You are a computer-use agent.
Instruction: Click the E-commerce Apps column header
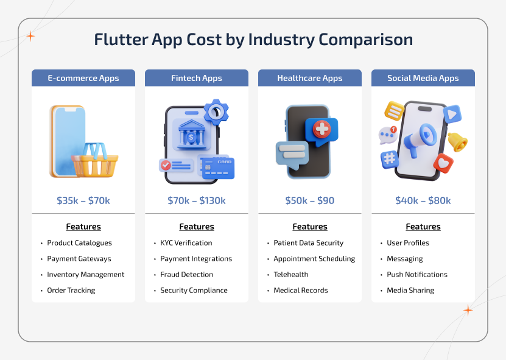83,78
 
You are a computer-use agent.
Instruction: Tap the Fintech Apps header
197,78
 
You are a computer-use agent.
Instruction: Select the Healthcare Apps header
310,78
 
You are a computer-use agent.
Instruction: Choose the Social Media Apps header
423,78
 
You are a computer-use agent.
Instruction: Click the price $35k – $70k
83,200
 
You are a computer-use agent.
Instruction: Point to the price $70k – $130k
197,200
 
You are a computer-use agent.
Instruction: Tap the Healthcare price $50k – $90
310,200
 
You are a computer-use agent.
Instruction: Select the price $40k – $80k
423,200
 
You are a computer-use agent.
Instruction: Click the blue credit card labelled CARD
217,167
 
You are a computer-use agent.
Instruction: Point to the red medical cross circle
321,129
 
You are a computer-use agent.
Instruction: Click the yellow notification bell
457,141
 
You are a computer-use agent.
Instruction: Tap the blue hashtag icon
389,160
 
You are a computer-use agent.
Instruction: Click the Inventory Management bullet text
86,275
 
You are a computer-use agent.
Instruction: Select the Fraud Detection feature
187,275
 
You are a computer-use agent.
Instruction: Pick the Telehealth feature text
291,275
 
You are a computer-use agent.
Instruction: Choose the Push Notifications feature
417,275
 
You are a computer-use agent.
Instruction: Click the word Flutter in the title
121,40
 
